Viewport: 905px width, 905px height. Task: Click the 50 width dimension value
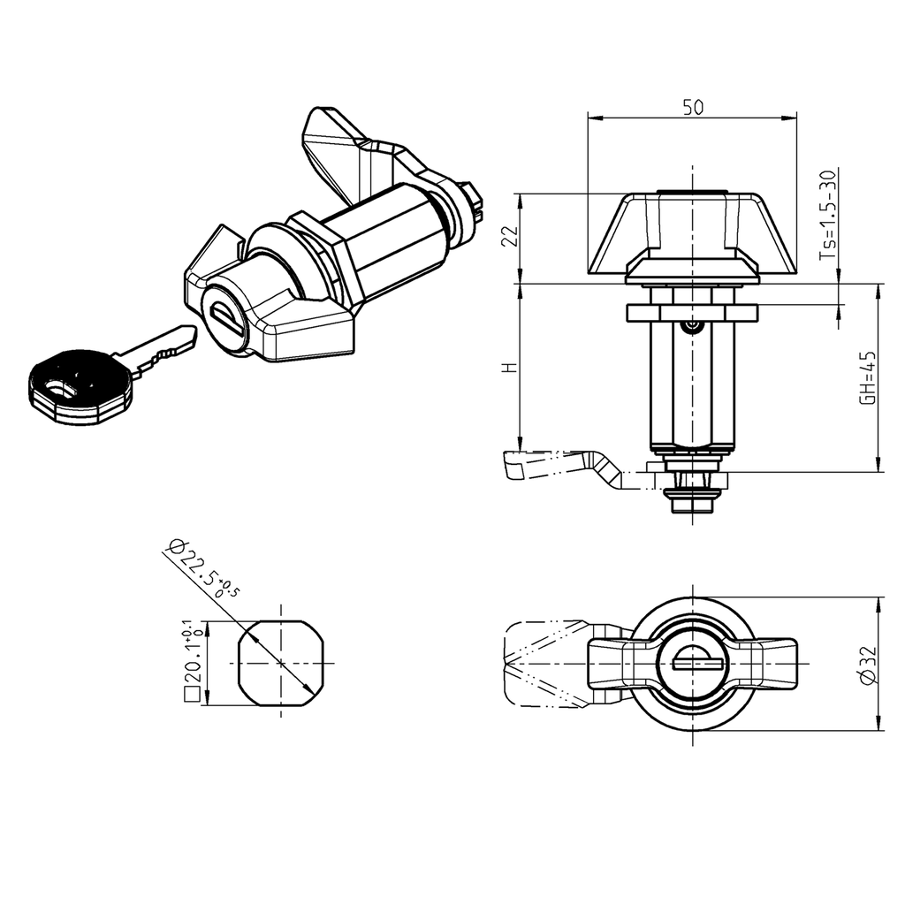pos(693,107)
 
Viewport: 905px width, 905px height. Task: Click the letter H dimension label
pos(506,366)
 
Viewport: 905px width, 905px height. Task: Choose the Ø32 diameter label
pos(868,664)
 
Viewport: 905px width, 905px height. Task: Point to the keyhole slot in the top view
pos(698,659)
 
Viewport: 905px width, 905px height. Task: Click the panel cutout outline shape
pos(282,662)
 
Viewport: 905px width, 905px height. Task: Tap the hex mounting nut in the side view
pos(691,312)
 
